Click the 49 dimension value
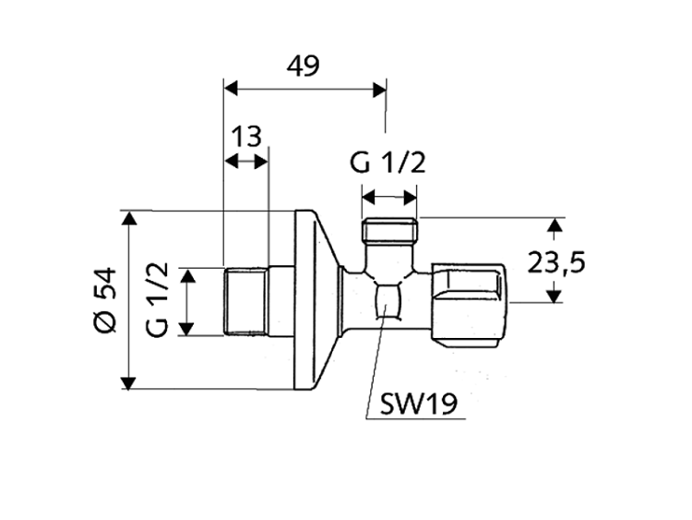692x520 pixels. [x=304, y=67]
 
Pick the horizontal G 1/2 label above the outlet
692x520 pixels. [x=388, y=163]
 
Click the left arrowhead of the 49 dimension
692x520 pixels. [x=231, y=89]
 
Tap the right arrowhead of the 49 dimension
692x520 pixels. [x=379, y=89]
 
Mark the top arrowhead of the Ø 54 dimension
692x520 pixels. [x=128, y=219]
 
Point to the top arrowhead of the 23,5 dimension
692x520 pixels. [x=554, y=225]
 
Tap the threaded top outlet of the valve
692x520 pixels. [x=391, y=230]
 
